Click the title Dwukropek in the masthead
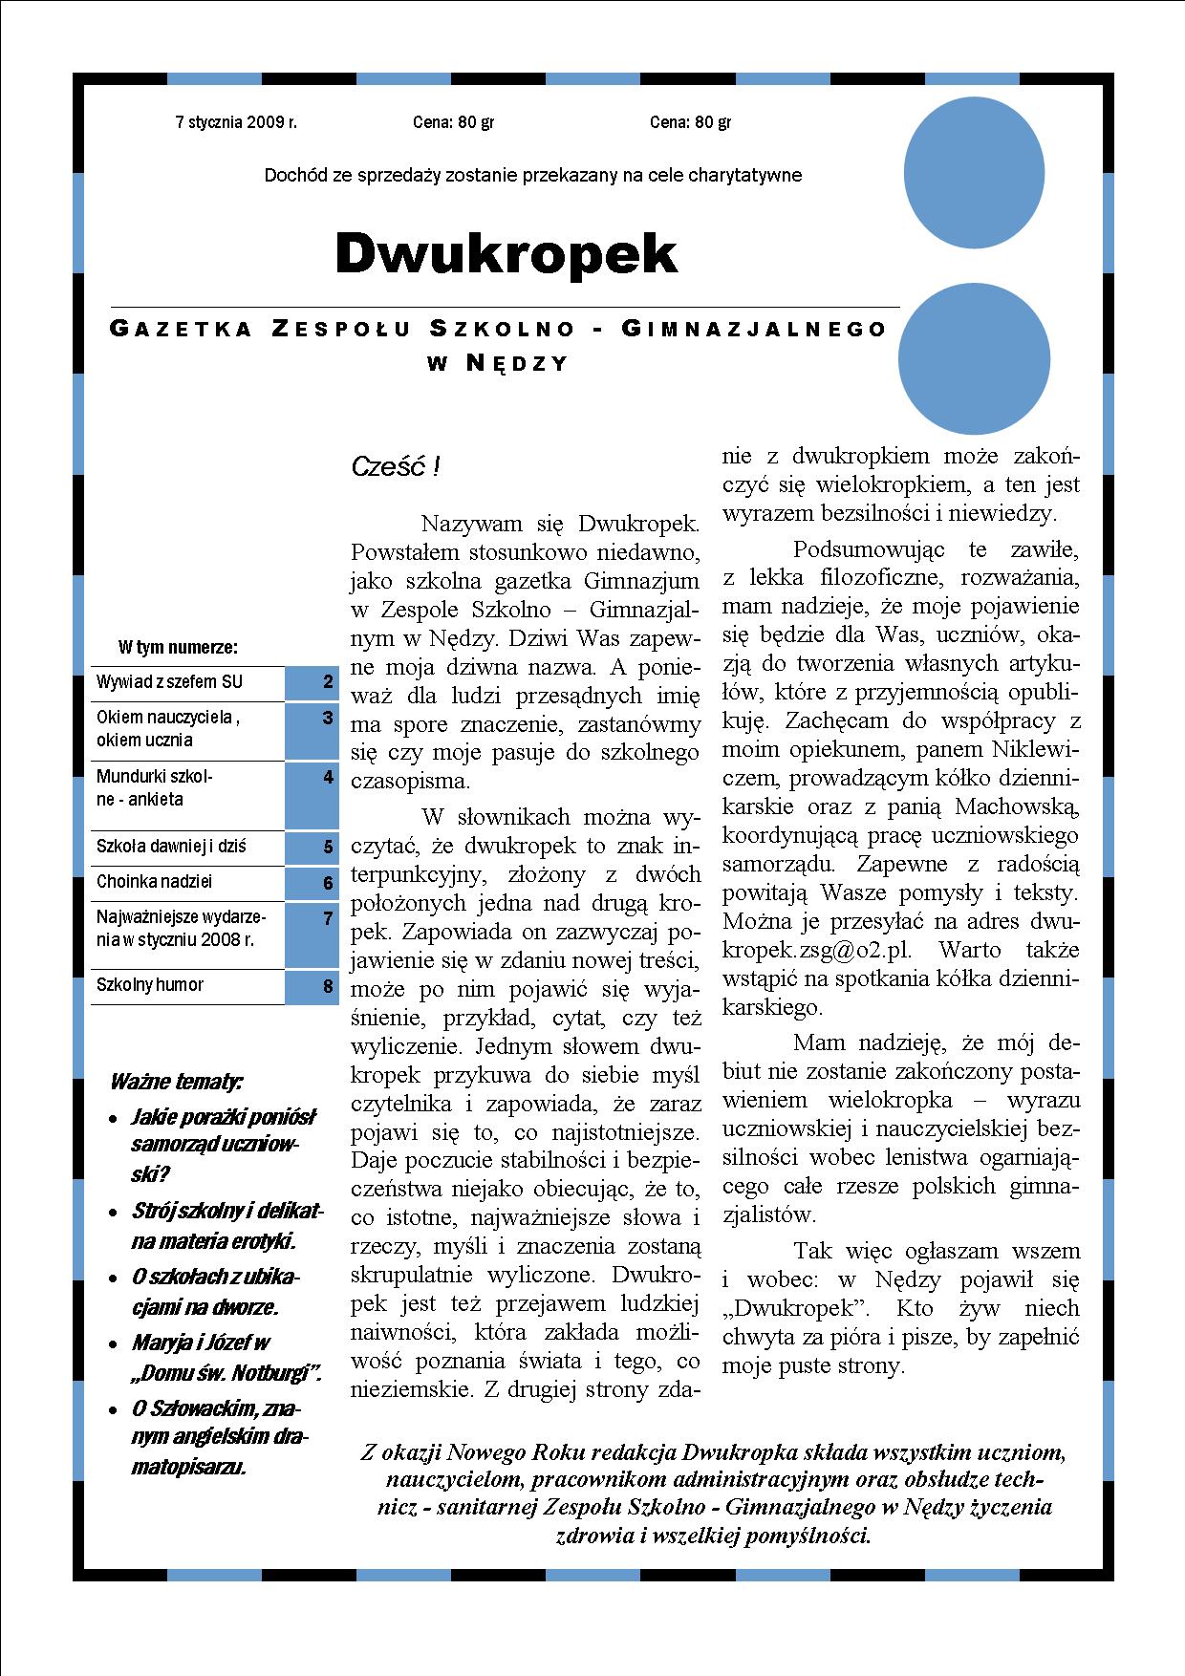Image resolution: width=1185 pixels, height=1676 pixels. click(x=506, y=254)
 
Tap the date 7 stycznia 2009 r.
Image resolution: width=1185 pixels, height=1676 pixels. click(x=236, y=122)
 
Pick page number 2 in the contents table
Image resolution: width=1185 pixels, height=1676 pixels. click(x=328, y=682)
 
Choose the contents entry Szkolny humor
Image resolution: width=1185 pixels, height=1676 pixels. click(x=150, y=985)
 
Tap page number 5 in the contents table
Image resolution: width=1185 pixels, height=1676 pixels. click(x=328, y=847)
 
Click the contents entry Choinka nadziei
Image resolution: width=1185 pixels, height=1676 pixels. click(x=154, y=882)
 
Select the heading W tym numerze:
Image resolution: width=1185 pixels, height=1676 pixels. click(x=178, y=648)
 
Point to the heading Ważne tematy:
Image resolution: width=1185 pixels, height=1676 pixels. click(x=176, y=1082)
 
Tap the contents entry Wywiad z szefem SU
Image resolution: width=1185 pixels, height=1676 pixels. click(x=169, y=682)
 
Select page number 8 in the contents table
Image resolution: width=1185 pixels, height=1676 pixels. click(x=328, y=985)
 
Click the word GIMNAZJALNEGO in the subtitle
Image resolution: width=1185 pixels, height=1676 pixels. click(x=754, y=330)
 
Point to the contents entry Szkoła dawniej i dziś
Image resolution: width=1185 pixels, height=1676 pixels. click(x=171, y=847)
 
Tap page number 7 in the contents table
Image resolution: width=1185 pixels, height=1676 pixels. click(x=328, y=918)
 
